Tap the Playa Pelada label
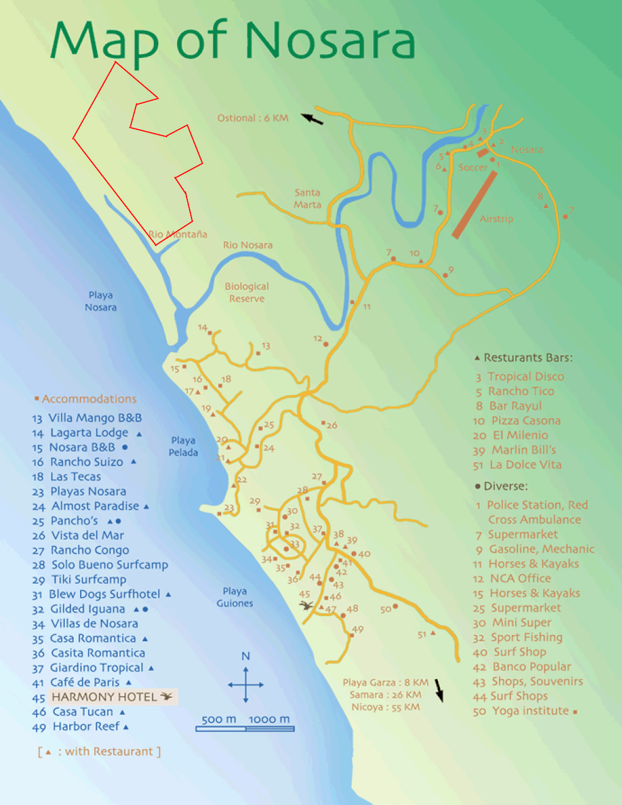coord(183,446)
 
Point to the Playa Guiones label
coord(234,597)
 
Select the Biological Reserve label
coord(247,292)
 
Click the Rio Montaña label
coord(178,234)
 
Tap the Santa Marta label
coord(308,198)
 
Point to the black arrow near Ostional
coord(312,118)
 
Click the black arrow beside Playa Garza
coord(439,690)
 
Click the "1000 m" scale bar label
coord(269,719)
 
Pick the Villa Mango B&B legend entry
coord(95,418)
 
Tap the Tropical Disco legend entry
coord(526,377)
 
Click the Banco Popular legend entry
coord(531,666)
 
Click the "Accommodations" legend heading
coord(89,399)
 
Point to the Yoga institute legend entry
coord(530,711)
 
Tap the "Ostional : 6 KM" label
coord(253,118)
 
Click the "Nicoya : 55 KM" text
coord(386,707)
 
